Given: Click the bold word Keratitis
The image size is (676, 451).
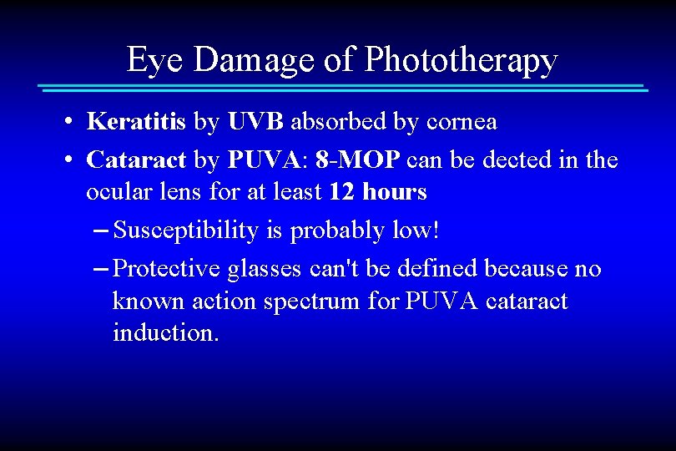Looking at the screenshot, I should point(136,122).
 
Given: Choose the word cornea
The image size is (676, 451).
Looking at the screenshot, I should point(462,122).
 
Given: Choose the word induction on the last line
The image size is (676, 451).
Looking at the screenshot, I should point(165,333).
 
